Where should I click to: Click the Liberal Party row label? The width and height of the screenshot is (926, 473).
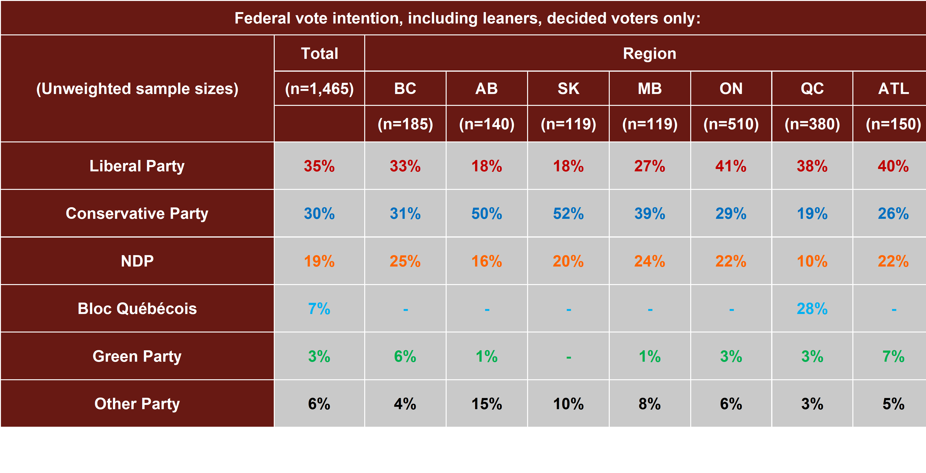pyautogui.click(x=137, y=166)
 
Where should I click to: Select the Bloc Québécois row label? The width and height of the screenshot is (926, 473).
pyautogui.click(x=137, y=308)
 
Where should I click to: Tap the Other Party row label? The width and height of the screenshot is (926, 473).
pyautogui.click(x=137, y=404)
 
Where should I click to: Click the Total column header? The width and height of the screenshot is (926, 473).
pyautogui.click(x=319, y=54)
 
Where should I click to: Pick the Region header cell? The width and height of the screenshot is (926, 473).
pyautogui.click(x=650, y=54)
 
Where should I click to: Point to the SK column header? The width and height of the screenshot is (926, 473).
pyautogui.click(x=568, y=89)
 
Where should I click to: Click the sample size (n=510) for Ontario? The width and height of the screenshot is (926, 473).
pyautogui.click(x=731, y=124)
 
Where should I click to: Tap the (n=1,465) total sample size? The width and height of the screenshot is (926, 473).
pyautogui.click(x=319, y=89)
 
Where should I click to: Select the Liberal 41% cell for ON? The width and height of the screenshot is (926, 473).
pyautogui.click(x=731, y=166)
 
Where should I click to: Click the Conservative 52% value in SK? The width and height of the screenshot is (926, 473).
pyautogui.click(x=568, y=214)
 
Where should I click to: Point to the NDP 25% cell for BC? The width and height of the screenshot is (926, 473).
pyautogui.click(x=405, y=261)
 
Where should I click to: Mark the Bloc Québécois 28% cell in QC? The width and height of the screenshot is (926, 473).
pyautogui.click(x=812, y=308)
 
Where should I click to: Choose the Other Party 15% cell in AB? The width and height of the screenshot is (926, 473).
pyautogui.click(x=487, y=404)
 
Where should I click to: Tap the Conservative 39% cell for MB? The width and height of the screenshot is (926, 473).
pyautogui.click(x=650, y=214)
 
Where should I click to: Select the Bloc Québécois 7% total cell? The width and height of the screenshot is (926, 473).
pyautogui.click(x=319, y=308)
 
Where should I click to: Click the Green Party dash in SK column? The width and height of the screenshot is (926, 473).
pyautogui.click(x=568, y=357)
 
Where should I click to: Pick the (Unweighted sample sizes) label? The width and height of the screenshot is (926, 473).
pyautogui.click(x=137, y=89)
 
